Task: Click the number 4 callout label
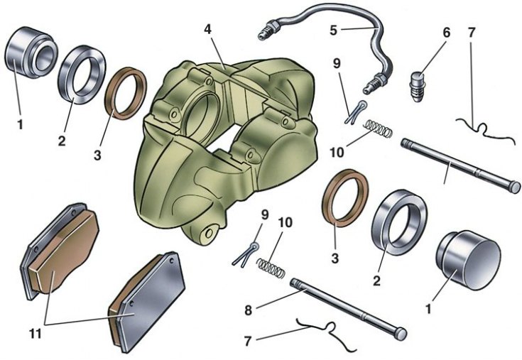[207, 29]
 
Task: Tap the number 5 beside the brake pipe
[334, 31]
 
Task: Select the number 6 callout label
[447, 33]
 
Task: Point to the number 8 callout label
[249, 310]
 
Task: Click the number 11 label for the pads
[36, 334]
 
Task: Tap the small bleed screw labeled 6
[418, 87]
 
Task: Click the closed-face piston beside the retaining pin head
[468, 260]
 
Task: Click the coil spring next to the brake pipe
[379, 128]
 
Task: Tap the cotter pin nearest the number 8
[246, 254]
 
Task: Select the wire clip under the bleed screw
[484, 131]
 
